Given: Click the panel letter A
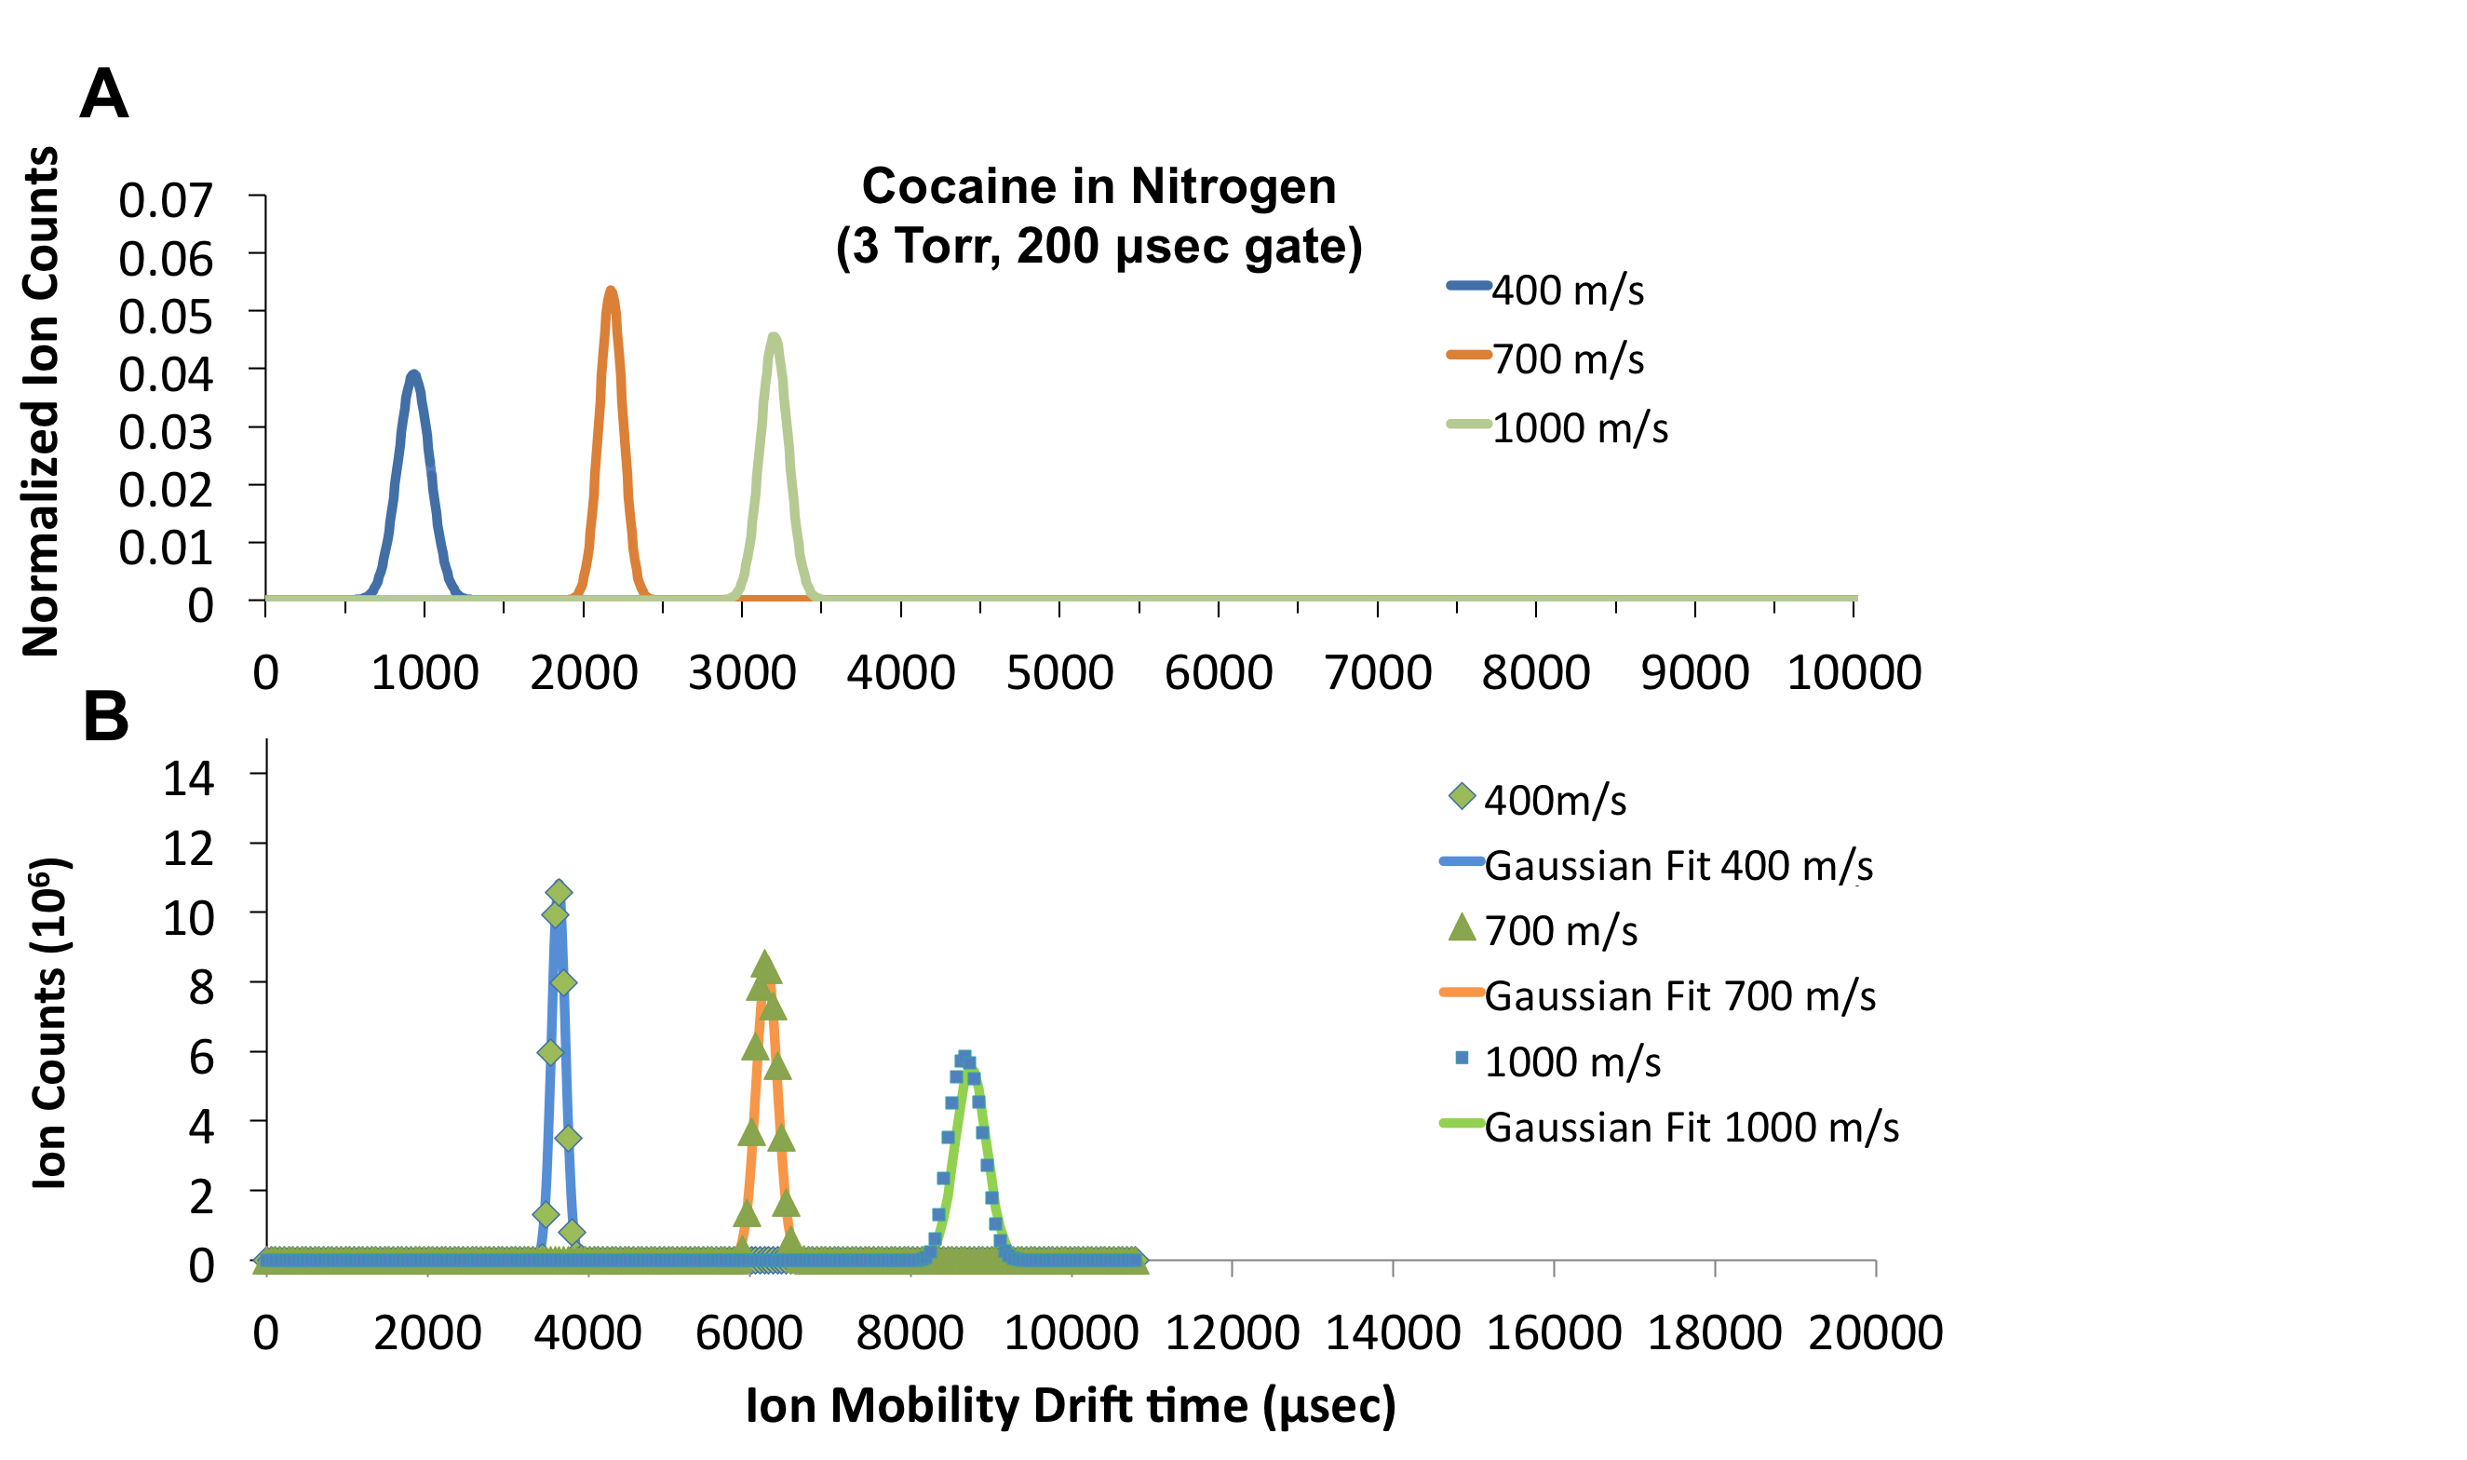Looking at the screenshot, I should (103, 94).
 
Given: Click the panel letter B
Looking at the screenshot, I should (106, 716).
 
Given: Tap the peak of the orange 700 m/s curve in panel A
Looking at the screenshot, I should (611, 291).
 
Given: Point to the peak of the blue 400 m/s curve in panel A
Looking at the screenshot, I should (414, 375).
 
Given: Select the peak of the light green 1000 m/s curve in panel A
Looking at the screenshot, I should (775, 337).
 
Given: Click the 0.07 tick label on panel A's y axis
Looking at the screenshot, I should (166, 201).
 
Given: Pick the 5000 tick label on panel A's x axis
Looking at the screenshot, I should (1059, 674).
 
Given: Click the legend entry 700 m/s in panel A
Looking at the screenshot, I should (1567, 359).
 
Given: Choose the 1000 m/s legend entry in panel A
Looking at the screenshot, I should (1579, 428).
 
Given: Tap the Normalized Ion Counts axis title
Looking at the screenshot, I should (41, 401).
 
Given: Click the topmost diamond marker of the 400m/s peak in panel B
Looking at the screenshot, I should (559, 892).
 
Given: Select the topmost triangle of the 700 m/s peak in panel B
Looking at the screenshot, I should (765, 967).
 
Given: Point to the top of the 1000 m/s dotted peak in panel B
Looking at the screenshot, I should (965, 1058).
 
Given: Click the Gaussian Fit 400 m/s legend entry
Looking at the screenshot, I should (1678, 866).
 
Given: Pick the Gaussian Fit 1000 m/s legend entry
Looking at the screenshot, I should (1690, 1128).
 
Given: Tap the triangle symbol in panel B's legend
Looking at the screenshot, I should (1462, 926).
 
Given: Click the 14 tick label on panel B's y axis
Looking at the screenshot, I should (188, 779).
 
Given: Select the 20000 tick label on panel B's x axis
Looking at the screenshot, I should (1875, 1333).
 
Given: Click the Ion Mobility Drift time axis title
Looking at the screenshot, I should (1071, 1405).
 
